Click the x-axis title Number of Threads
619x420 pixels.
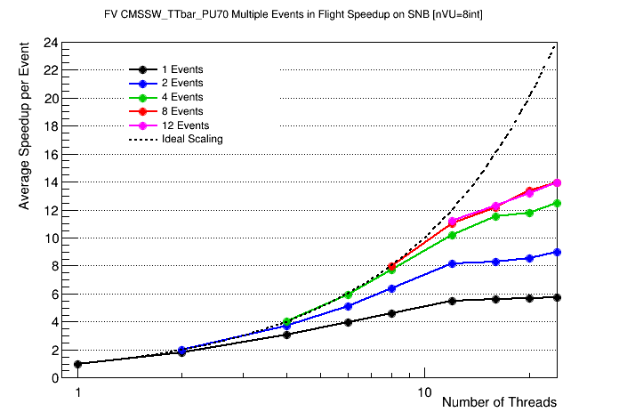click(499, 402)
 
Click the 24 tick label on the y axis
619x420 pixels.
click(52, 42)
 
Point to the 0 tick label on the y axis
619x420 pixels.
click(55, 377)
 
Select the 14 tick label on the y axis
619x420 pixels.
click(52, 182)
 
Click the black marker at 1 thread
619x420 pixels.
click(78, 364)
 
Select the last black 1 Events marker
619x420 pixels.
click(557, 297)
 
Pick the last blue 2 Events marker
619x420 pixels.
click(557, 252)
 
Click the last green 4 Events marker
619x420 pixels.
click(557, 203)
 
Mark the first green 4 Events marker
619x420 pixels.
click(286, 321)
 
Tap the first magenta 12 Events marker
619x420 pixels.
click(453, 221)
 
